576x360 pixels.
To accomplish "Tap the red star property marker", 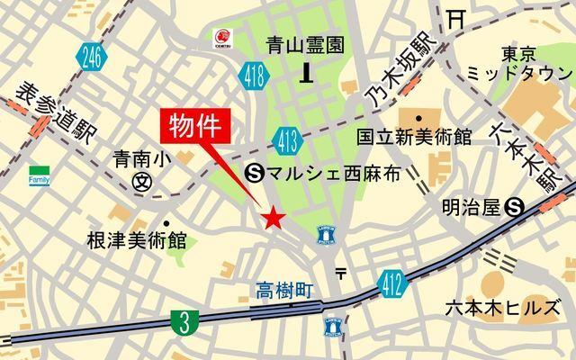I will [274, 218].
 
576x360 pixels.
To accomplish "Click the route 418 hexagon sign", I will [252, 78].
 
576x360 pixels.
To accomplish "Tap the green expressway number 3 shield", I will [183, 321].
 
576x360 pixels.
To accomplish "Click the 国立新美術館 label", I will [413, 138].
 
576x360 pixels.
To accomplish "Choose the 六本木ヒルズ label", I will [501, 308].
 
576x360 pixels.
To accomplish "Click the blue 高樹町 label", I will [283, 290].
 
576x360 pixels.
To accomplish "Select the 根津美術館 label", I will [136, 240].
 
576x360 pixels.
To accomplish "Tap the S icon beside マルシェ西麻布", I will [254, 173].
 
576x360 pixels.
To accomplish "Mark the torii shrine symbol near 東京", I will [456, 16].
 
